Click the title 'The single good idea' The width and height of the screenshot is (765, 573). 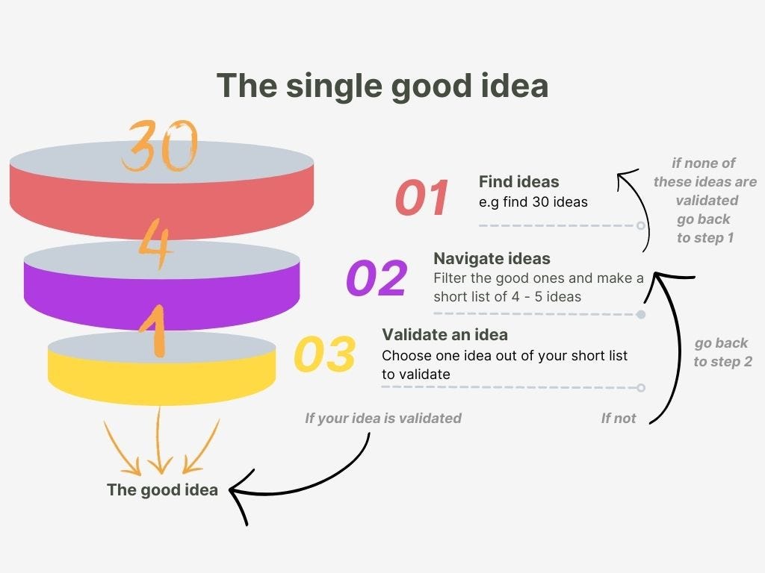coord(382,86)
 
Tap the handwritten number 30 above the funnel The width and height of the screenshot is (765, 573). coord(161,145)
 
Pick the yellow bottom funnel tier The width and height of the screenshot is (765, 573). coord(161,377)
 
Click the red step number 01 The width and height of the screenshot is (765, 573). coord(422,198)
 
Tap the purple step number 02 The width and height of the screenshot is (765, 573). coord(377,278)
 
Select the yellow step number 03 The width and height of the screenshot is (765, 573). coord(324,355)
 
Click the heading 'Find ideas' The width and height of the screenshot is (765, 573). coord(518,181)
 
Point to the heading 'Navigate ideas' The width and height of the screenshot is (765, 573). coord(492,259)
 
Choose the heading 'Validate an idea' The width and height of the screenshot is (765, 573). coord(445,334)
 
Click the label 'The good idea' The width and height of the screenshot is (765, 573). coord(162,490)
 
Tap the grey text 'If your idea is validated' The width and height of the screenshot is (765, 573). coord(382,419)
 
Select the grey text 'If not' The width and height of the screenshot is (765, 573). coord(619,419)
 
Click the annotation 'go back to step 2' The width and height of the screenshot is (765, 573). coord(722,352)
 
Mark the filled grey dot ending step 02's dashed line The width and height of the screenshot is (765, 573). coord(640,314)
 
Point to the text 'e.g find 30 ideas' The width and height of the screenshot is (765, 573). coord(533,201)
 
